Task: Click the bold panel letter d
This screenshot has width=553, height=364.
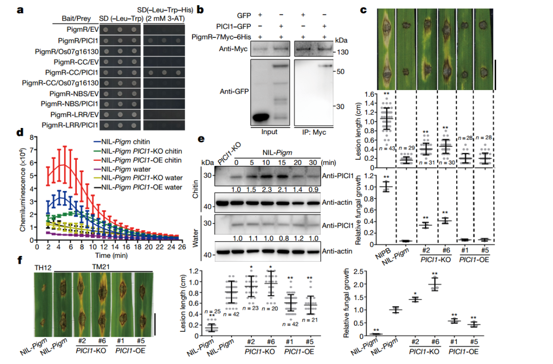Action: [20, 133]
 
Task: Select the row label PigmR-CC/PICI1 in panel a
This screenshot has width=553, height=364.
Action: [72, 72]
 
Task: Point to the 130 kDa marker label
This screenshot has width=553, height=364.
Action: [343, 52]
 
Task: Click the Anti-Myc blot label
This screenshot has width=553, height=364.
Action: [233, 49]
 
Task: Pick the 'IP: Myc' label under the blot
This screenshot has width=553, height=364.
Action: [314, 132]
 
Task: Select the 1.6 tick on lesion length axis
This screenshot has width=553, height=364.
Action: [369, 94]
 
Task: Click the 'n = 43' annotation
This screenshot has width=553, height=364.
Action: [387, 148]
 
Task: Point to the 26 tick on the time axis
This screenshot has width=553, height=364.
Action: [182, 247]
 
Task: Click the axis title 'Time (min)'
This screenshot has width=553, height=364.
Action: [112, 255]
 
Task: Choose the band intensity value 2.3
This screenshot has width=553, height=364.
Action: [267, 190]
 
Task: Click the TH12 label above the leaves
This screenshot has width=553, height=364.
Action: [42, 268]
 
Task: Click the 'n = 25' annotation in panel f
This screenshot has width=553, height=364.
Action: [212, 311]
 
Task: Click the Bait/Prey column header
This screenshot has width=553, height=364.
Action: [76, 18]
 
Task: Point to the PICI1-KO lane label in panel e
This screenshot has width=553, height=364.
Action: [229, 153]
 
